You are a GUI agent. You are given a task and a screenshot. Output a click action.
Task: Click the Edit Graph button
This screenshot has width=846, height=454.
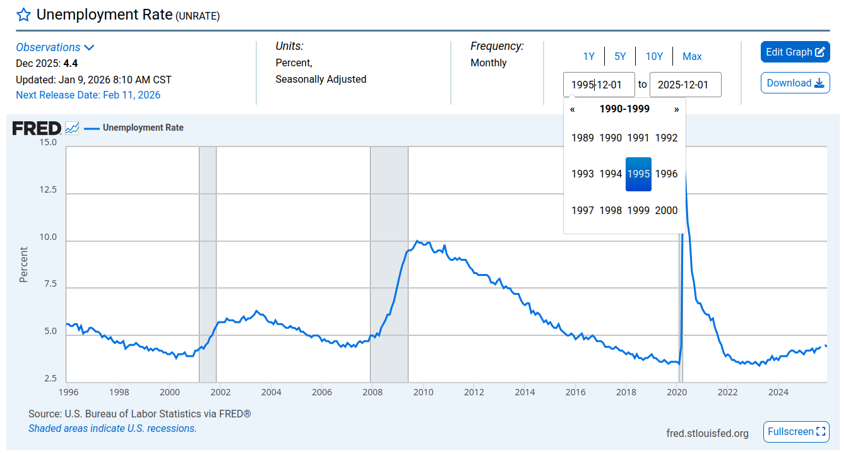click(795, 52)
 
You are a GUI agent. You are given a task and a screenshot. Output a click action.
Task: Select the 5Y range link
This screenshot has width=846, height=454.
click(620, 56)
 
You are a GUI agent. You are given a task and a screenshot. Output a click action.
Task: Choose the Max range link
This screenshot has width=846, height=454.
click(692, 56)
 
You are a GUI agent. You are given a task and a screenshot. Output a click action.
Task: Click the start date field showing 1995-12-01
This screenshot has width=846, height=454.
click(599, 85)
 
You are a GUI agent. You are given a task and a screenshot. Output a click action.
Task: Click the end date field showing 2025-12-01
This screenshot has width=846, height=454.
click(685, 85)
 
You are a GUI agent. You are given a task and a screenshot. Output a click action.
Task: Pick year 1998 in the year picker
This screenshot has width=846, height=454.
click(611, 210)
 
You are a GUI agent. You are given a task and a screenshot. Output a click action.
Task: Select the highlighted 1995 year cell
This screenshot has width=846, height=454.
click(638, 174)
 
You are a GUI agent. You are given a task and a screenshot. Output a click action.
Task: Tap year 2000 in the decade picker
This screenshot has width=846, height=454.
click(666, 210)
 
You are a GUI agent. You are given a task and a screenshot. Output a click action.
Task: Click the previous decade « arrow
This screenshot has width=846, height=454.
click(573, 109)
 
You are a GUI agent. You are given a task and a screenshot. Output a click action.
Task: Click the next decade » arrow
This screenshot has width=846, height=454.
click(677, 109)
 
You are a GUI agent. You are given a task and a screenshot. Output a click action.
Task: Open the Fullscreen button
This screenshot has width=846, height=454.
click(796, 432)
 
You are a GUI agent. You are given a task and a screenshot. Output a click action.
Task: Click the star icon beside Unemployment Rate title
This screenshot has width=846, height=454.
click(23, 15)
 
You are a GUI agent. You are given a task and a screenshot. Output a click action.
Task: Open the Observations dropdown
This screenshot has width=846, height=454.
click(55, 47)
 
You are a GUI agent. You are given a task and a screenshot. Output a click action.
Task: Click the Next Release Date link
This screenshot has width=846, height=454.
click(88, 95)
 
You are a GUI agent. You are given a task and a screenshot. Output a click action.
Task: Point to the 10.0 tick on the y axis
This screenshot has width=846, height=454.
click(48, 238)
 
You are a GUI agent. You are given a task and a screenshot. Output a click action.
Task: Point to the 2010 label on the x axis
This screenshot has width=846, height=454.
click(423, 392)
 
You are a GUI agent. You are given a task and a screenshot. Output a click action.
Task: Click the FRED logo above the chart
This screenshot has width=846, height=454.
click(37, 128)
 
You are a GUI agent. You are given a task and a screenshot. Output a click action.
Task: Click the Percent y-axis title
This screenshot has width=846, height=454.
click(23, 264)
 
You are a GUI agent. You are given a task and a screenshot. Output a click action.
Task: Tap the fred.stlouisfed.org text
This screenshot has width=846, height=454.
click(707, 433)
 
